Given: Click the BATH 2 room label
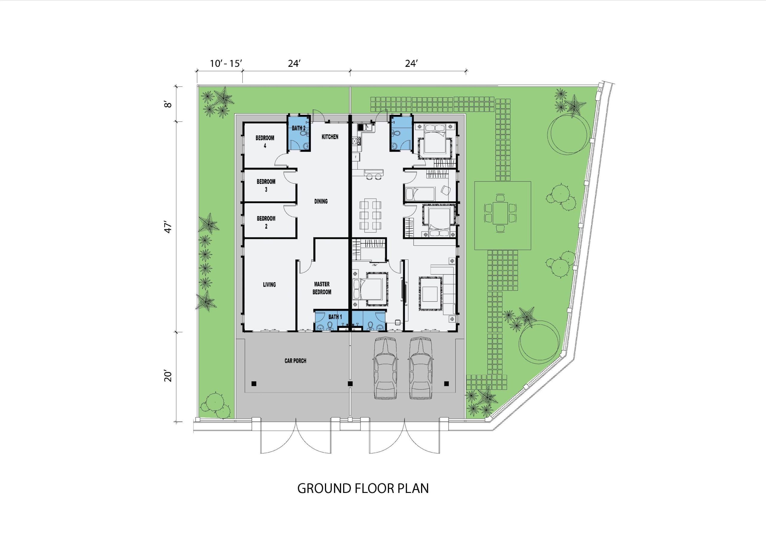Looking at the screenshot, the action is click(x=299, y=128).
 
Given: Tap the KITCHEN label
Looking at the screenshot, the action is click(x=330, y=137).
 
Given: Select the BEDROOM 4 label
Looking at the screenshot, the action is click(x=265, y=142).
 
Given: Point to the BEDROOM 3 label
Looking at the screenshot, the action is click(x=266, y=186).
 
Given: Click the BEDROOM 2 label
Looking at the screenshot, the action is click(x=266, y=223).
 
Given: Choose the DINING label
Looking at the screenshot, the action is click(x=321, y=201).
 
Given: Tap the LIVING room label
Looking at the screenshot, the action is click(x=269, y=285).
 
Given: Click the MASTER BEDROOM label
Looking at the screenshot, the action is click(x=322, y=288).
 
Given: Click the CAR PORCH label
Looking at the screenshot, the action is click(x=295, y=361).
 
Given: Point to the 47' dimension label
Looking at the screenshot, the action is click(x=169, y=228).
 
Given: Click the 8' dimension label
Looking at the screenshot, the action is click(x=169, y=104).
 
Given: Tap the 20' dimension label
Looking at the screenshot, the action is click(x=169, y=376).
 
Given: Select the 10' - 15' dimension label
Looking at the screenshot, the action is click(x=226, y=63).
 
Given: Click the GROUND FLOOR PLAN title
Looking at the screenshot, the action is click(x=363, y=488).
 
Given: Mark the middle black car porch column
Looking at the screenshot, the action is click(x=350, y=384).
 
